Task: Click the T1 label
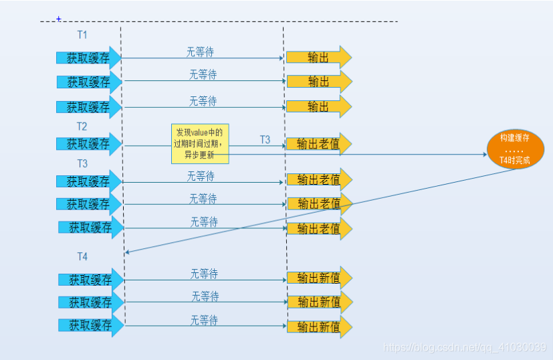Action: pyautogui.click(x=82, y=35)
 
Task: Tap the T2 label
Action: pyautogui.click(x=82, y=126)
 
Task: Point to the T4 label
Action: pyautogui.click(x=82, y=256)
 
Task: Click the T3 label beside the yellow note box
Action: pyautogui.click(x=265, y=139)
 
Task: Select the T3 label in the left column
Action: pyautogui.click(x=82, y=163)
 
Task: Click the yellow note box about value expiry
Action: pyautogui.click(x=200, y=143)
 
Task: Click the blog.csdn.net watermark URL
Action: pyautogui.click(x=462, y=348)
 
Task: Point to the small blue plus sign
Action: pyautogui.click(x=59, y=19)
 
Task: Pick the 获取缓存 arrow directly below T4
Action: pyautogui.click(x=91, y=280)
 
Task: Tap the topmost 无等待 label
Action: pyautogui.click(x=200, y=52)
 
